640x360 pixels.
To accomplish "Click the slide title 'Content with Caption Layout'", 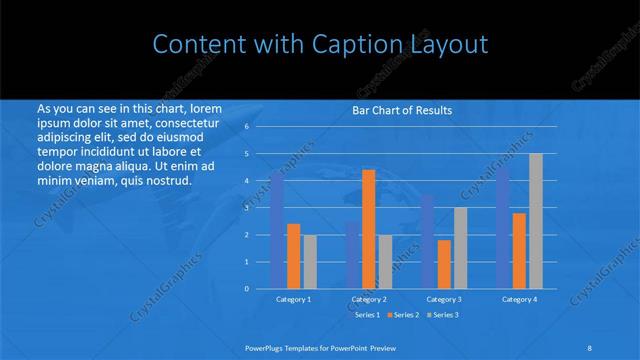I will pyautogui.click(x=320, y=45).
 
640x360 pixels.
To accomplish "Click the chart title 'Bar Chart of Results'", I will pyautogui.click(x=403, y=110).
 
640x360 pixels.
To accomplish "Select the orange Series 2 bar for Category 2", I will pyautogui.click(x=369, y=229).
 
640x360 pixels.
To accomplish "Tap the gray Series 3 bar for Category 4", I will pyautogui.click(x=536, y=221).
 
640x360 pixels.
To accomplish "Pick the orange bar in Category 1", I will pyautogui.click(x=294, y=256).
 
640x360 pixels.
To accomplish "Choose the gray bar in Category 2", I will pyautogui.click(x=385, y=261).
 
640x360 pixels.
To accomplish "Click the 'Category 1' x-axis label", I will pyautogui.click(x=294, y=299).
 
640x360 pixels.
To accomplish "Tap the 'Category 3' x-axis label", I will pyautogui.click(x=444, y=299).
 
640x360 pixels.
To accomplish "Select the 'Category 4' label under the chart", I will pyautogui.click(x=520, y=299).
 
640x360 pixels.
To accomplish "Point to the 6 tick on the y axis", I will pyautogui.click(x=246, y=127).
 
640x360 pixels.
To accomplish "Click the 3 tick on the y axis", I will pyautogui.click(x=246, y=208).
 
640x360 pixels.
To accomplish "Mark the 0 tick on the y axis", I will pyautogui.click(x=246, y=289).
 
